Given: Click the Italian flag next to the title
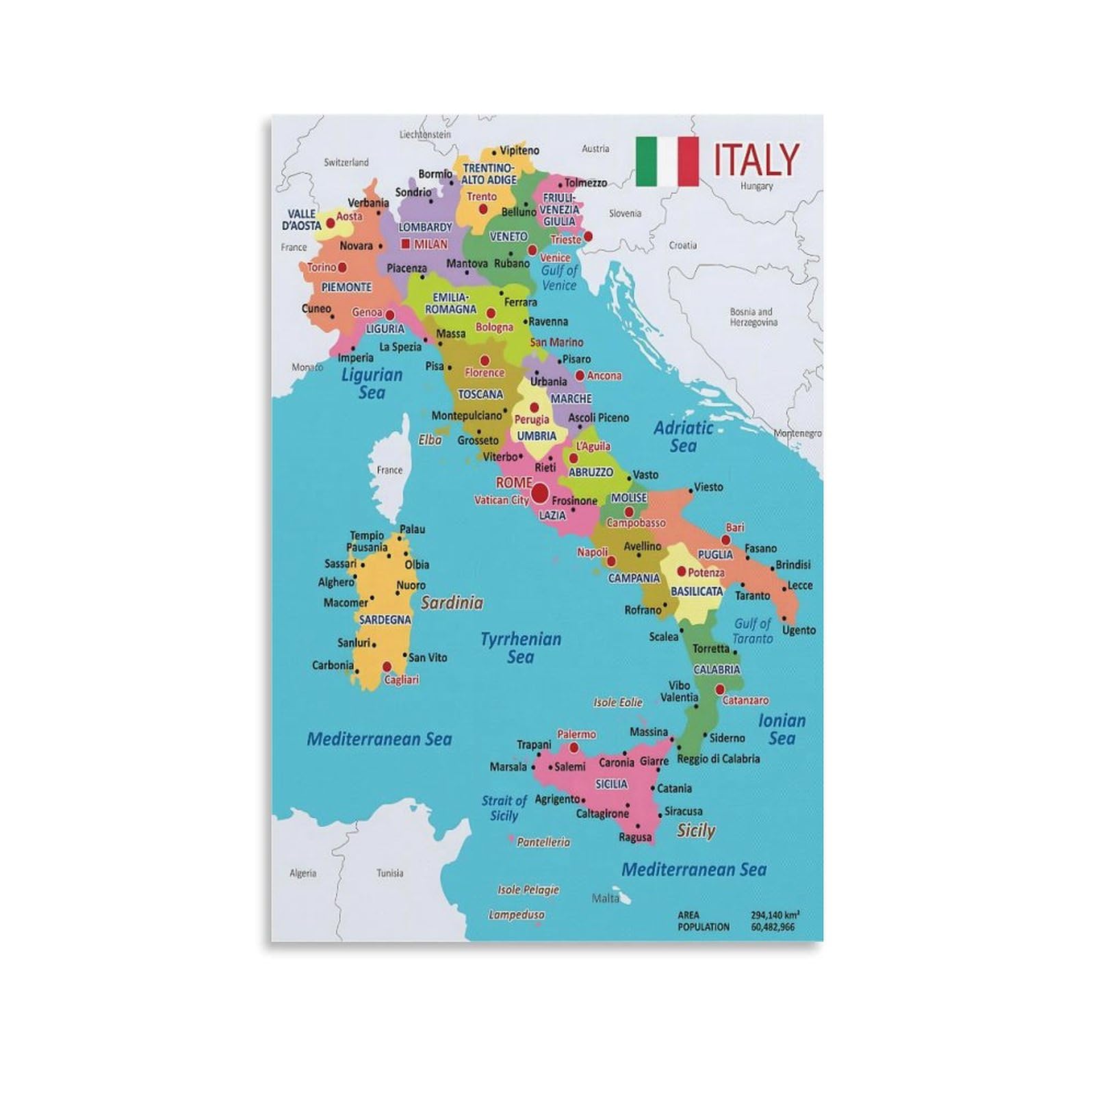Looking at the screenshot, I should pos(667,162).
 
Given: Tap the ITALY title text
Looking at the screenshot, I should pos(756,160).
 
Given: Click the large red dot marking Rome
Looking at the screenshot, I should pos(540,492).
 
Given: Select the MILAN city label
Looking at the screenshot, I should pos(430,244).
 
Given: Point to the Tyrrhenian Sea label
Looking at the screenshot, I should pos(521,647).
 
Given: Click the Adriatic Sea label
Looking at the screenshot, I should pos(683,437).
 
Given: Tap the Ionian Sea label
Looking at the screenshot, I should pos(782,729).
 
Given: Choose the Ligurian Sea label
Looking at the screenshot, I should pos(372,383).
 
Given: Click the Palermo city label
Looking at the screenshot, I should pos(576,734).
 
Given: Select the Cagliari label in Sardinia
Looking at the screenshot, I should pos(401,680).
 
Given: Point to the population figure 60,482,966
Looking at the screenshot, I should pos(773,927).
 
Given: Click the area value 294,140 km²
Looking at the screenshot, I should pos(775,915).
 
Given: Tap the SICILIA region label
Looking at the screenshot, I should pos(611,784).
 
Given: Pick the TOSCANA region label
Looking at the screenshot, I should pos(480,394).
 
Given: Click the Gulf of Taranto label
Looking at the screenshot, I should pos(753,631).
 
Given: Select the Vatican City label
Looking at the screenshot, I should pos(502,500).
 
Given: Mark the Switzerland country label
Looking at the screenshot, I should pos(346,163).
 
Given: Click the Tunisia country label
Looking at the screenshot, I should pos(389,873).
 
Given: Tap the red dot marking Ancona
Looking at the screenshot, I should pos(580,376).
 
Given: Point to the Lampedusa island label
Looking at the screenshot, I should pos(517,914).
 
